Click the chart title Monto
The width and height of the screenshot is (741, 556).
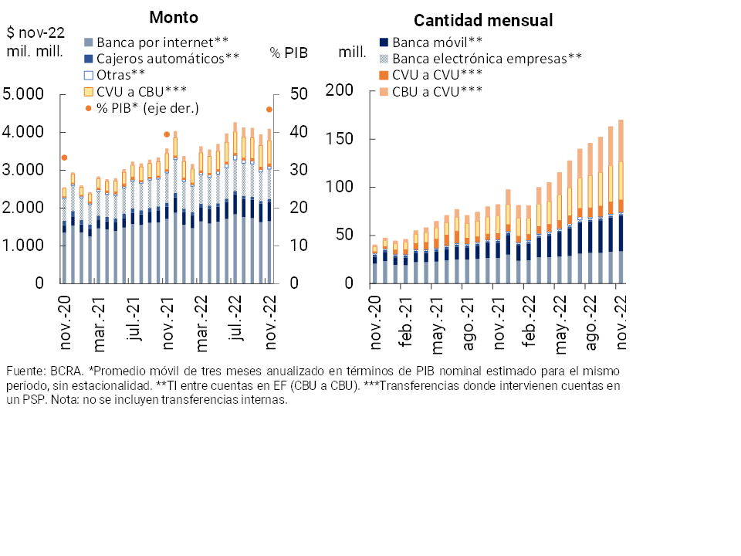coord(174,17)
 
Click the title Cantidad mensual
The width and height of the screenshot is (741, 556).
coord(483,21)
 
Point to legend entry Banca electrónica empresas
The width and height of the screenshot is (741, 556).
coord(486,58)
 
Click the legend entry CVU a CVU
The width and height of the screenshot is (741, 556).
coord(437,75)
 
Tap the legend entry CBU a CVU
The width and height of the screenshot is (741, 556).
coord(437,92)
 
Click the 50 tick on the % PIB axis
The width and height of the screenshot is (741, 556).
coord(299,94)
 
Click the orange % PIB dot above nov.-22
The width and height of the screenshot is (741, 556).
coord(269,109)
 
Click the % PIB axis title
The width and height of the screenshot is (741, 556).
coord(288,53)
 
